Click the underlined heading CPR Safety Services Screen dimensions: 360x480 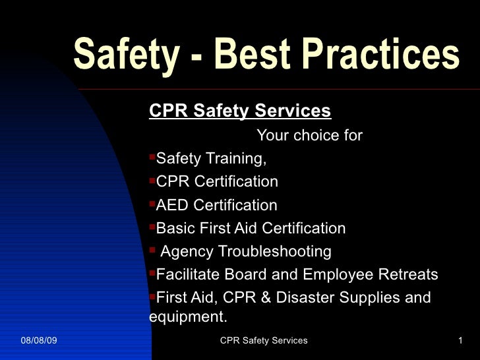(240, 110)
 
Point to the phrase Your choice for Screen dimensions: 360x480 (309, 136)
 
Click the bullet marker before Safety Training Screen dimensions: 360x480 (152, 159)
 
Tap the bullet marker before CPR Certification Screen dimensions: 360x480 (152, 181)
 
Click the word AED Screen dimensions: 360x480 (173, 205)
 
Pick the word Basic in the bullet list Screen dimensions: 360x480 (175, 228)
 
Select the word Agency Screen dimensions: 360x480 (187, 251)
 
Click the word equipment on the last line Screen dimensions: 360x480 (187, 317)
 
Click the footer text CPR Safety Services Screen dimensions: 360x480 (264, 340)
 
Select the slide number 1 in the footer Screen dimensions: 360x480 (460, 340)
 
